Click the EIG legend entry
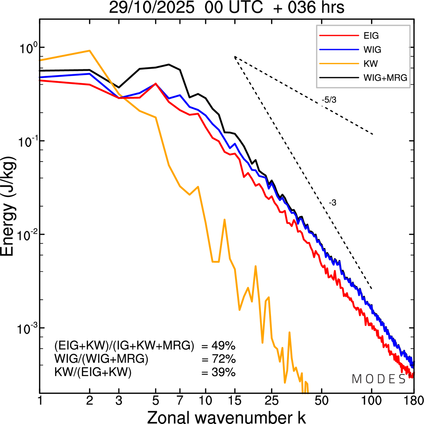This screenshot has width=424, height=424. tap(371, 36)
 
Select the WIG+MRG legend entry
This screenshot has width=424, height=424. tap(385, 78)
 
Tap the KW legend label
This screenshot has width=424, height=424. tap(371, 64)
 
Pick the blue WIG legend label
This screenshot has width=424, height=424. tap(372, 50)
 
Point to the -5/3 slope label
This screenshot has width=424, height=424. tap(329, 100)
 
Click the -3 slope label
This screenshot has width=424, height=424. tap(333, 203)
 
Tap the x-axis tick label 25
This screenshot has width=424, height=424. tap(271, 401)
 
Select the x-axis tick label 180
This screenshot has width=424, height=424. tap(413, 401)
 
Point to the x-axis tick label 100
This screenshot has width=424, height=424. tap(371, 401)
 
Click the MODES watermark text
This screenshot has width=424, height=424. tap(379, 379)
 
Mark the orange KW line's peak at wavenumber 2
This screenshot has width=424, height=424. tap(89, 51)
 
